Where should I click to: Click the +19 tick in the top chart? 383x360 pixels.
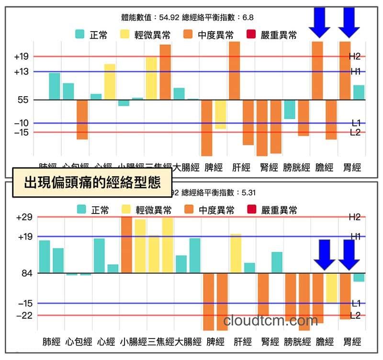click(x=22, y=56)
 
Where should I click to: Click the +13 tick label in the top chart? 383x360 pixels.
click(x=22, y=72)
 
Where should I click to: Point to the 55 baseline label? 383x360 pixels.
click(x=23, y=100)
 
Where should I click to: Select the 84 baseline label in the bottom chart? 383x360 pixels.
click(x=23, y=273)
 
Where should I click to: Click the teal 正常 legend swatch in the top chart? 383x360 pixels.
click(x=80, y=34)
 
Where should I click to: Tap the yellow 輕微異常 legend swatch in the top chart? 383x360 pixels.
click(x=124, y=34)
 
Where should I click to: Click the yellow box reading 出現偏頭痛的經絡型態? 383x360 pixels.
click(x=92, y=183)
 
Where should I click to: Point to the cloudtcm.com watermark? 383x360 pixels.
click(x=270, y=320)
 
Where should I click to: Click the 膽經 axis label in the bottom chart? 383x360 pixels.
click(x=325, y=342)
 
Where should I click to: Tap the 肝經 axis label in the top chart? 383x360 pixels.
click(x=241, y=168)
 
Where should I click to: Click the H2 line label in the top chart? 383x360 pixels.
click(x=355, y=56)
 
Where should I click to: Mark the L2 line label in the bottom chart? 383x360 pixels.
click(x=355, y=315)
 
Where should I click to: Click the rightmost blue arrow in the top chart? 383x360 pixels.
click(x=349, y=22)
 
